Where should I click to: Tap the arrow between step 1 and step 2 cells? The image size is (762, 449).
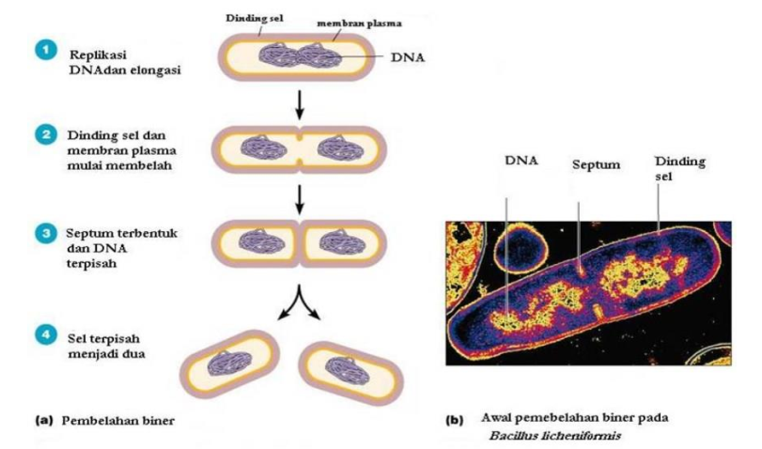[x=299, y=104]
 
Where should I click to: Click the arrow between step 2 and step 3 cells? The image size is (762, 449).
[x=299, y=197]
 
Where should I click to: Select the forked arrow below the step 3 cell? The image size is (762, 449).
[x=299, y=292]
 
